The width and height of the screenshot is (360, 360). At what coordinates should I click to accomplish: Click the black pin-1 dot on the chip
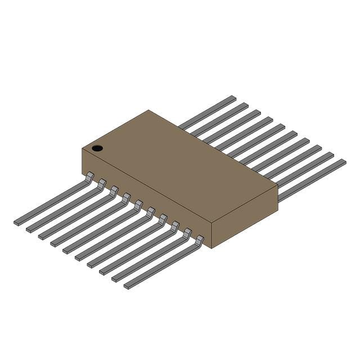tap(97, 148)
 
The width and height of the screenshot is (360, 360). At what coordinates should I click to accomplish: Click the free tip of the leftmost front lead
tap(17, 223)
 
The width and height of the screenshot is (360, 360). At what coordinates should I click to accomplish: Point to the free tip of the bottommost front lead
tap(128, 286)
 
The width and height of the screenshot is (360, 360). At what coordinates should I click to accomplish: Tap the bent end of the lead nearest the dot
tap(89, 177)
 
